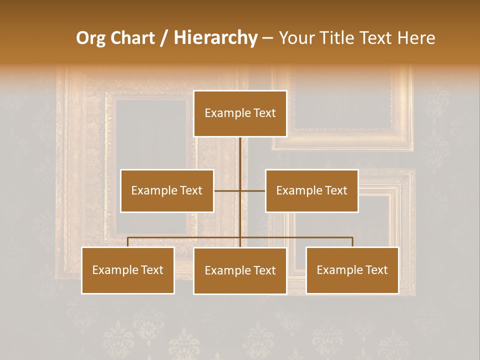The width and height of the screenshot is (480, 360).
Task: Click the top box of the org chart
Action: click(x=240, y=113)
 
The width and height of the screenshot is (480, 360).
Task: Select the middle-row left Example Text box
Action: click(x=167, y=190)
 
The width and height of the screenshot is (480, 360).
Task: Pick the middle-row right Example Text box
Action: click(x=311, y=190)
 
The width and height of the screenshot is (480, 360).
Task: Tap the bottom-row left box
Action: click(x=128, y=270)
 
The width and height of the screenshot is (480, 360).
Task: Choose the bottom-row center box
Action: click(x=240, y=270)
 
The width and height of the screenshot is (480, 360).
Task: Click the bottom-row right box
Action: click(x=352, y=270)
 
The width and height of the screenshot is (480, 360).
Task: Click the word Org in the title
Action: click(x=90, y=38)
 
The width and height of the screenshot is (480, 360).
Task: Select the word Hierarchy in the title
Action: click(x=215, y=38)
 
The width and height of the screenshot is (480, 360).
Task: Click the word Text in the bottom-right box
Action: click(x=376, y=270)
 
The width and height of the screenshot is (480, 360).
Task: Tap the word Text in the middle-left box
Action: click(x=191, y=190)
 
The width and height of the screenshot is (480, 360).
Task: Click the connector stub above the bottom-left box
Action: click(x=128, y=242)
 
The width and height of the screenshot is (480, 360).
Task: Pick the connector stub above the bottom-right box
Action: click(x=352, y=242)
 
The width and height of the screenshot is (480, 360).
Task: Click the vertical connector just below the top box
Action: click(x=240, y=147)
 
